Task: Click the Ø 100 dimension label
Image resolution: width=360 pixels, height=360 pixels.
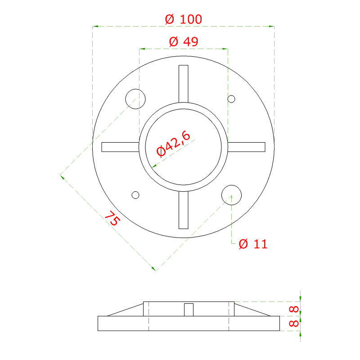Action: click(184, 19)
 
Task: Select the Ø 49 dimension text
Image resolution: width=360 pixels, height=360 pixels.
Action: click(184, 42)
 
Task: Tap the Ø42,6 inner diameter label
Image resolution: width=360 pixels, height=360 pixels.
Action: click(173, 144)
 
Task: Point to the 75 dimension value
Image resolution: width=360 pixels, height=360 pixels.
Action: click(112, 218)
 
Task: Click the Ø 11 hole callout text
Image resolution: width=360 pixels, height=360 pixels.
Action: click(253, 244)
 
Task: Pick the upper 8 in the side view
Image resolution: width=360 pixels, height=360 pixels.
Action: click(294, 309)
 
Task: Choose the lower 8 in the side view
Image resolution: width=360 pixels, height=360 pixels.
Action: click(294, 323)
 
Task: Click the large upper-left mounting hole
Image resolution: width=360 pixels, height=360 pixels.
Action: click(135, 99)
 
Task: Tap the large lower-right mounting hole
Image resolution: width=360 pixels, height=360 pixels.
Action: click(231, 195)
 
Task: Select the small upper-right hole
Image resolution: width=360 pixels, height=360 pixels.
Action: click(231, 99)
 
